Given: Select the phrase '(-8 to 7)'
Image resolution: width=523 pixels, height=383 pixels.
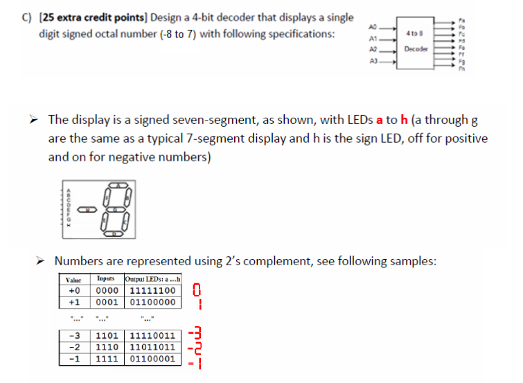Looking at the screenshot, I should (x=179, y=34).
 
